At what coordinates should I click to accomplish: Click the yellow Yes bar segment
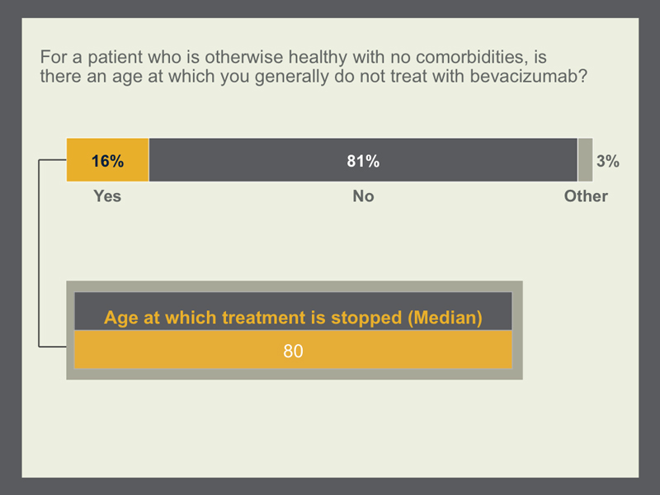coord(108,160)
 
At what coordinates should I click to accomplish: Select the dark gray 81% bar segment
coord(363,160)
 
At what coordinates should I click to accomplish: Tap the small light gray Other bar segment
coord(585,160)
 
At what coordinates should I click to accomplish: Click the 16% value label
coord(108,161)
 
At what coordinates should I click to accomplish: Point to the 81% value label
coord(363,161)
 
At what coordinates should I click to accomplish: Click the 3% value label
coord(608,161)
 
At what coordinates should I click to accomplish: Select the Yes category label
coord(107,196)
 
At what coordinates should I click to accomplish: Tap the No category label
coord(363,196)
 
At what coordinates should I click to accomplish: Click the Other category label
coord(586,196)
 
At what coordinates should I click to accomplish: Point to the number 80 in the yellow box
coord(293,351)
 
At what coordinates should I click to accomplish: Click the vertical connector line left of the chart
coord(39,253)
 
